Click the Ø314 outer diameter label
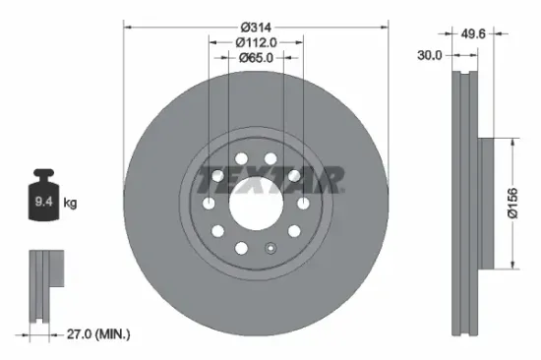tap(256, 26)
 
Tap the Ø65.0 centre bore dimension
tap(256, 57)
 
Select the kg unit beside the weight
tap(70, 204)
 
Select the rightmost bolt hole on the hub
tap(304, 203)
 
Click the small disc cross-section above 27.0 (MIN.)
tap(43, 284)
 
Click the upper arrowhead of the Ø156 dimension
tap(511, 143)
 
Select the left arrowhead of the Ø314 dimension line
tap(128, 26)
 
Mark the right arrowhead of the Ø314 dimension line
tap(384, 26)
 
